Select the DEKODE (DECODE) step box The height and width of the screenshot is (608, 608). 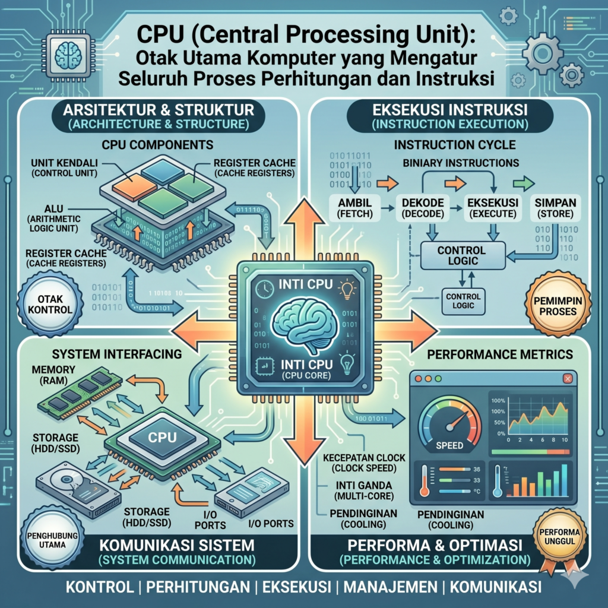(425, 208)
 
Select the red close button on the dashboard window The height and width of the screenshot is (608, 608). (568, 378)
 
